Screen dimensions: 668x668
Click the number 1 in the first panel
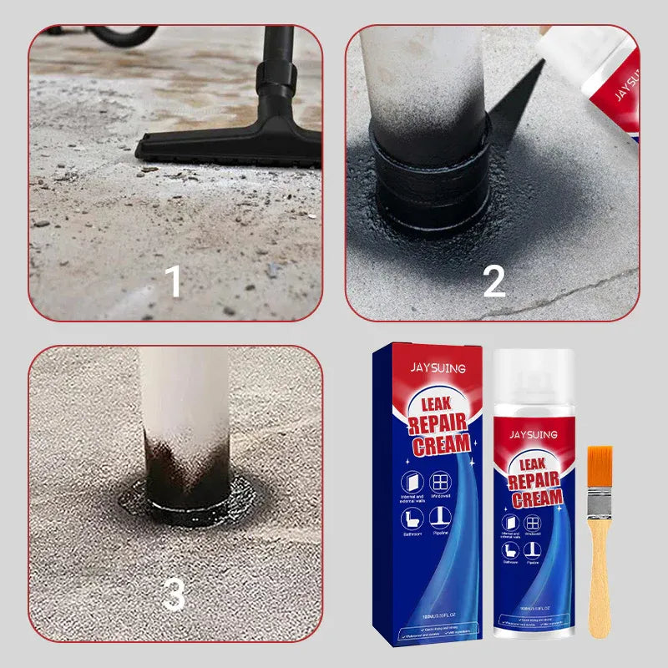[173, 281]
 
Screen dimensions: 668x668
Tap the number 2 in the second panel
[494, 281]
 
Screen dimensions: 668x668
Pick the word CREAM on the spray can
[536, 499]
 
